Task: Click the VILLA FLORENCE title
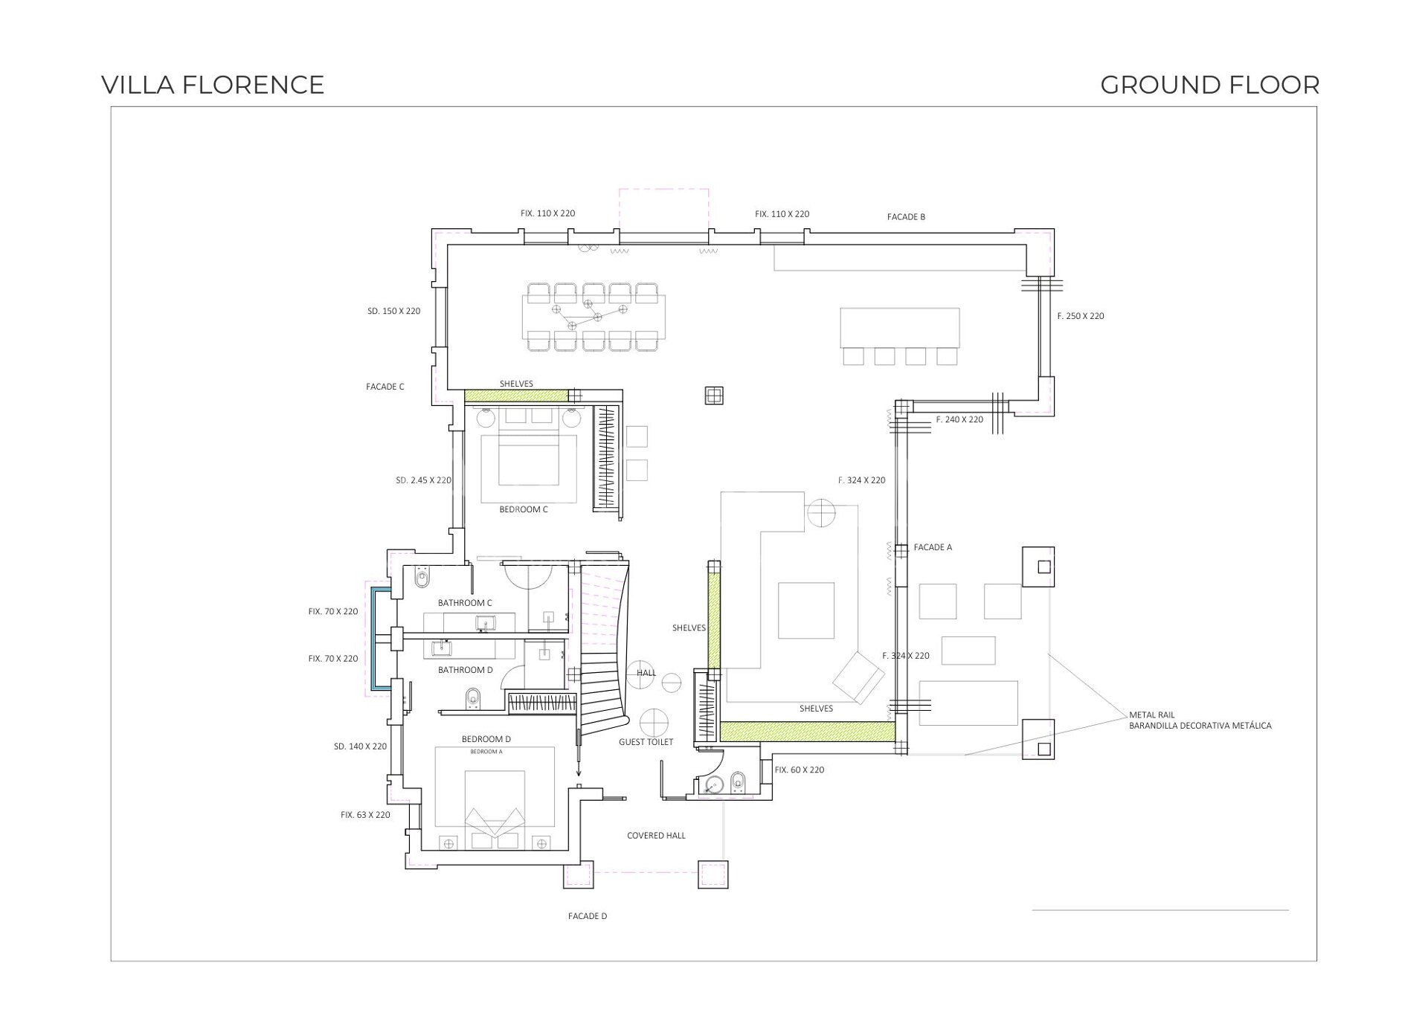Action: click(213, 85)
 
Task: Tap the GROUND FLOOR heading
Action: click(1210, 85)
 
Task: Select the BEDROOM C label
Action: click(524, 509)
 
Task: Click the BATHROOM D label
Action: click(466, 670)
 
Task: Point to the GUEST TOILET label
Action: click(646, 742)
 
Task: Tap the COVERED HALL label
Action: click(656, 836)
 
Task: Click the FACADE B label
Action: click(906, 217)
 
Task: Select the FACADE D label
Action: click(588, 916)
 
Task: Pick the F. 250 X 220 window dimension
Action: click(1081, 316)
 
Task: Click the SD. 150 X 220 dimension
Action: click(394, 312)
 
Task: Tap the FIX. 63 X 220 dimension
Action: click(365, 815)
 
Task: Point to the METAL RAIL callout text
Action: click(1152, 715)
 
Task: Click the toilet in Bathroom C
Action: click(423, 576)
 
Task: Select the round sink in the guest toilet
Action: click(715, 783)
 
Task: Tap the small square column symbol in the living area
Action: click(714, 396)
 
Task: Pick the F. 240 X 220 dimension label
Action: click(959, 420)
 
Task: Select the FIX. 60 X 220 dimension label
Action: click(800, 770)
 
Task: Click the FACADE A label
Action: click(933, 547)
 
